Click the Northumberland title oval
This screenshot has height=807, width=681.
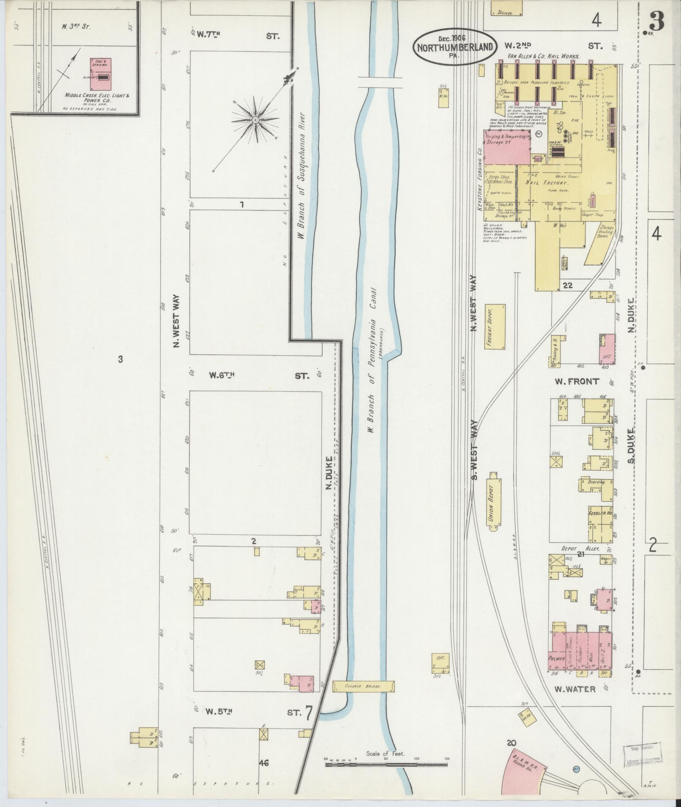454,47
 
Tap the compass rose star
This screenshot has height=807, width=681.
255,120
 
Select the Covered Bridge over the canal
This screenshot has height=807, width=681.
363,686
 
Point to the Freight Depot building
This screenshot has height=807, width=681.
495,326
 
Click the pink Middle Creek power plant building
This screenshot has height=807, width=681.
100,74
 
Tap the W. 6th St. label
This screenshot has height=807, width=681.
220,375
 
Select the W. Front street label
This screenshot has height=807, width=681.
577,381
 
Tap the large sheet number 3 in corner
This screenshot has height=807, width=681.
657,20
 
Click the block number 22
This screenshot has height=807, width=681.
567,286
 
